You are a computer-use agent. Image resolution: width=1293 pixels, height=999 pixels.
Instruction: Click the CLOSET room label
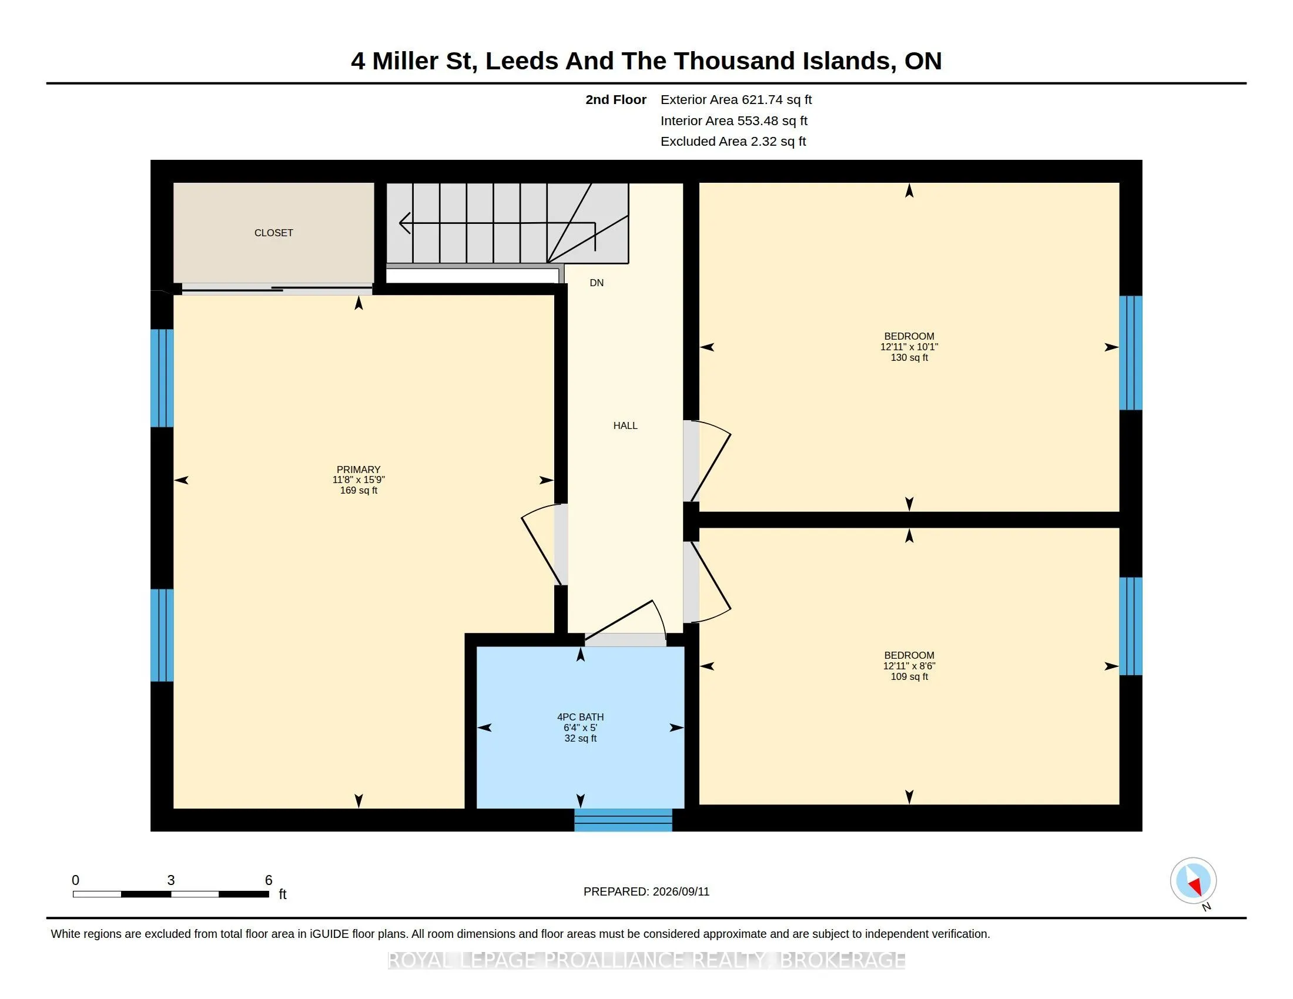tap(273, 233)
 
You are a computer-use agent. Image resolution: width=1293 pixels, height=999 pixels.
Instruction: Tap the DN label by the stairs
tap(597, 283)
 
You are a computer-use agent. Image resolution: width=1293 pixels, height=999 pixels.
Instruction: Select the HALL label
tap(625, 425)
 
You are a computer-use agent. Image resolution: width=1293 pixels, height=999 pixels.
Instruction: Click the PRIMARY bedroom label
tap(358, 470)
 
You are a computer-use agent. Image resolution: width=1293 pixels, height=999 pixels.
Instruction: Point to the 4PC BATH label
tap(580, 718)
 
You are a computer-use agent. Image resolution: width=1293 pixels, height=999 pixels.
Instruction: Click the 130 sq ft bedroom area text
tap(909, 357)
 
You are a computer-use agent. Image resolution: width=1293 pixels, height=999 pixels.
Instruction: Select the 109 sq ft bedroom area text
tap(909, 676)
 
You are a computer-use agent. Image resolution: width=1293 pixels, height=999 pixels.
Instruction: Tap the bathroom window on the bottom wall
tap(623, 820)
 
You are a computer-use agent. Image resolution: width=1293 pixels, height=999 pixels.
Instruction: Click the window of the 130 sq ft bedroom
tap(1130, 353)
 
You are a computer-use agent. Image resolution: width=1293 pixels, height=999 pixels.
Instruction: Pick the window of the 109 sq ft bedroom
tap(1130, 626)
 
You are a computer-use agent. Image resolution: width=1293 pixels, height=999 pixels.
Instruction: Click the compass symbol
tap(1193, 880)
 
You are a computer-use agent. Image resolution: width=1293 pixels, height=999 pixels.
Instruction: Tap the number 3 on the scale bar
tap(170, 880)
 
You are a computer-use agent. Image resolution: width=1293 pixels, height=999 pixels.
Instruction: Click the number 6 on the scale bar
tap(268, 880)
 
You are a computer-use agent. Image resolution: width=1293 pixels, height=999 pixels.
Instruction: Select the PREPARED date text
tap(646, 891)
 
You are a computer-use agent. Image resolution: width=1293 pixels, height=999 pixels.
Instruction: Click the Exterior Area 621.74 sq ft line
tap(736, 100)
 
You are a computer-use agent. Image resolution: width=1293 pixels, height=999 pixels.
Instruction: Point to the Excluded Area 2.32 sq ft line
tap(733, 142)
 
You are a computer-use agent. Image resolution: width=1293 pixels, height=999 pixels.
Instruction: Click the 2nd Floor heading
tap(616, 100)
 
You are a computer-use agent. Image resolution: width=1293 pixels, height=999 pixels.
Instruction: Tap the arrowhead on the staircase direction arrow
tap(404, 223)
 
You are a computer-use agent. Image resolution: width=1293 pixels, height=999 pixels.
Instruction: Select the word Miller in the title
tap(405, 61)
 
